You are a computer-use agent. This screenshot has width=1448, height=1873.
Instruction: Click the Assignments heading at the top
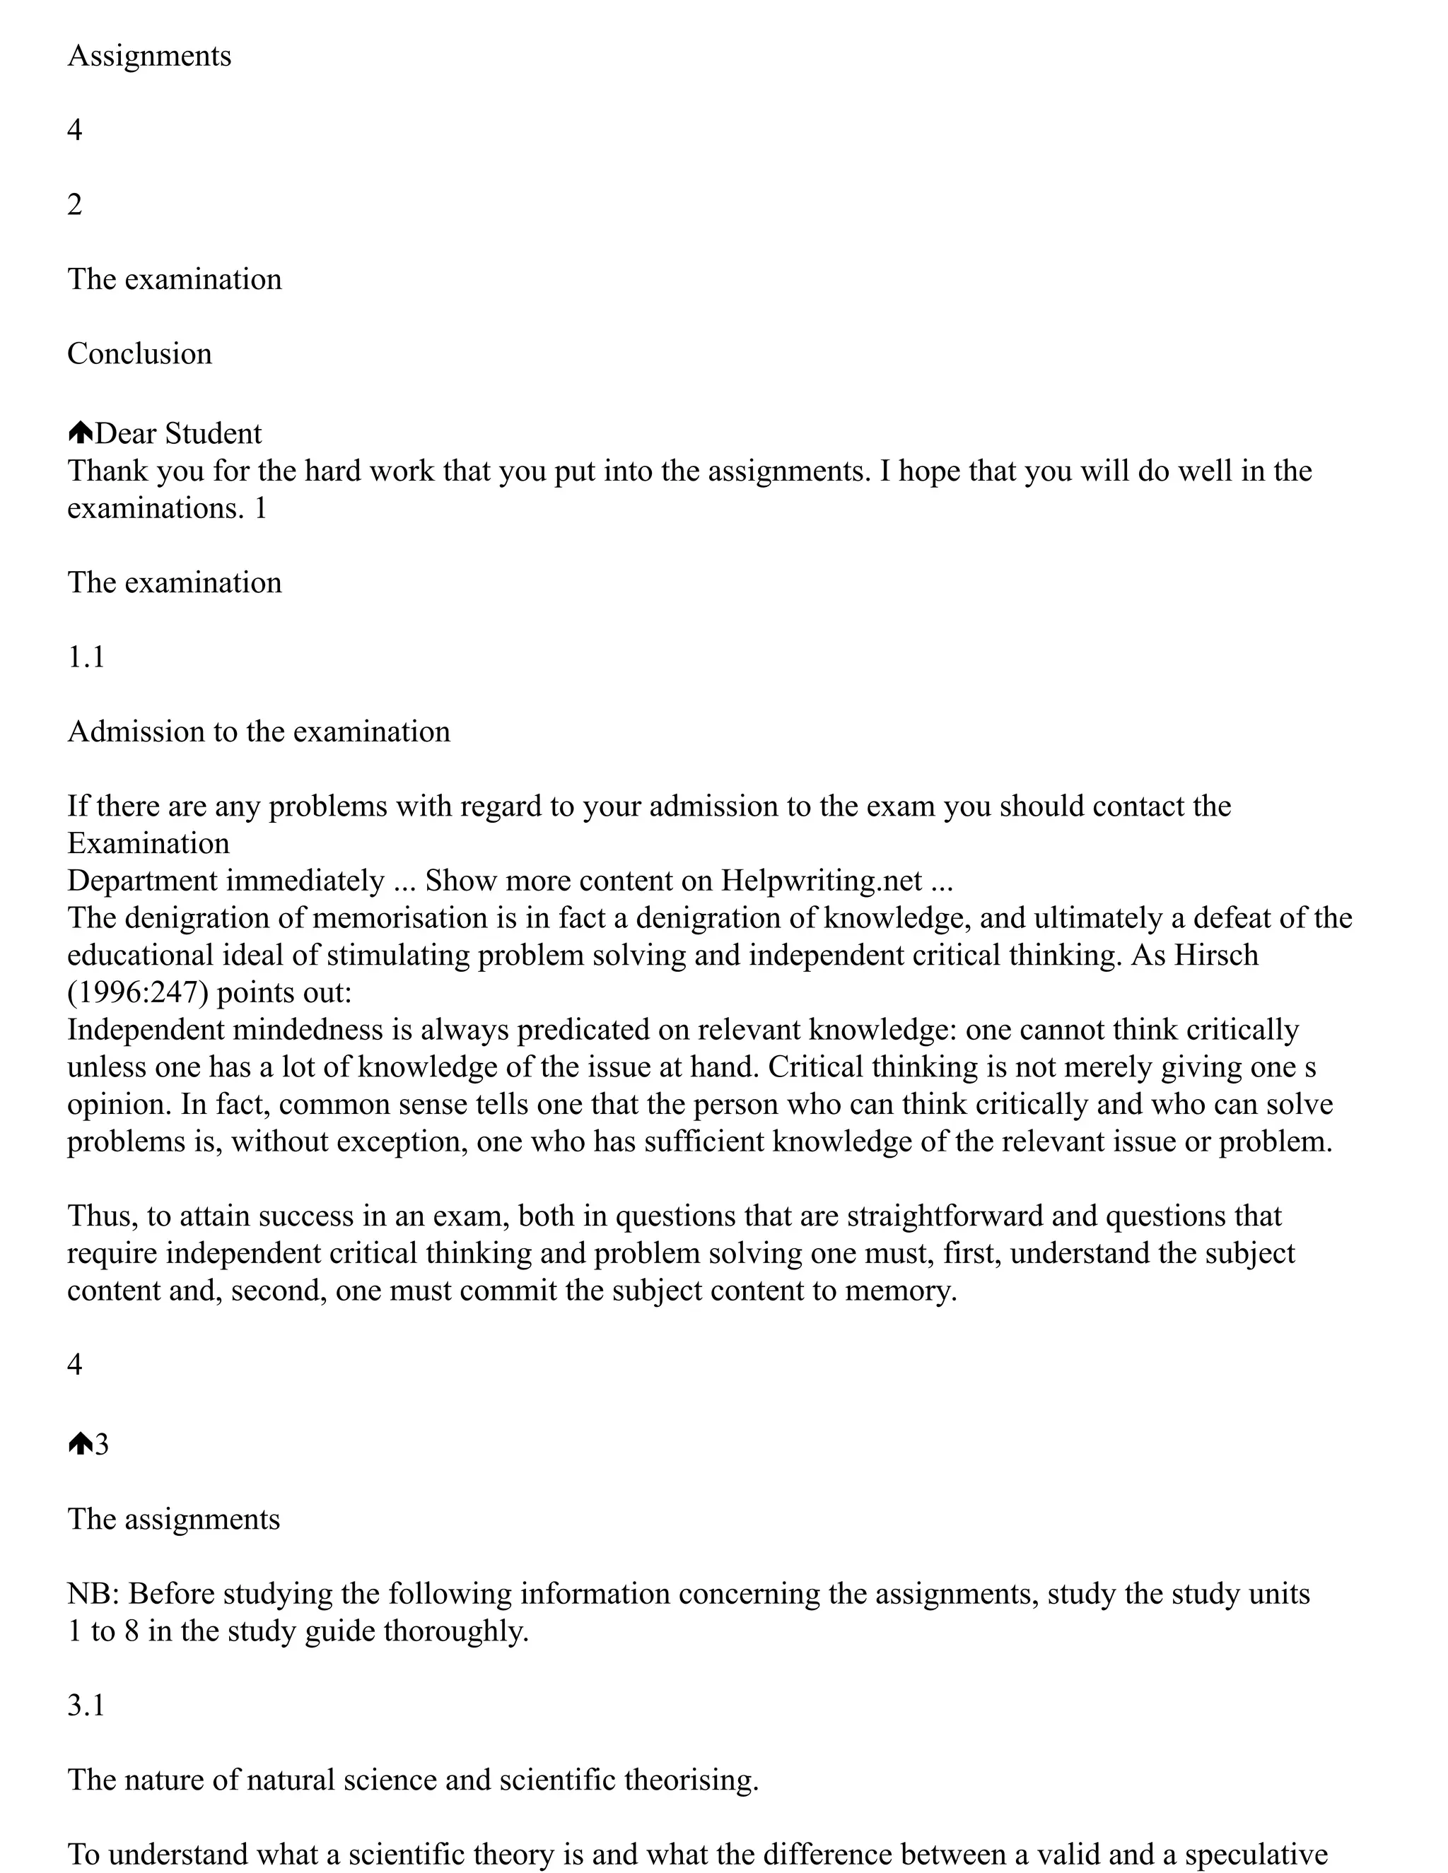tap(149, 57)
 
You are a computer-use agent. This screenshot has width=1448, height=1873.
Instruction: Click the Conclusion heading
tap(139, 354)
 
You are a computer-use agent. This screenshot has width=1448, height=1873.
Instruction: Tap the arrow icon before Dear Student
tap(80, 433)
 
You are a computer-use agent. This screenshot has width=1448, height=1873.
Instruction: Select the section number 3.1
tap(86, 1705)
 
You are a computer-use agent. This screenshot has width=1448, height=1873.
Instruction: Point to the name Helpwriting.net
tap(821, 881)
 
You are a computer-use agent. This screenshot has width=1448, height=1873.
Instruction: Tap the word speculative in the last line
tap(1256, 1854)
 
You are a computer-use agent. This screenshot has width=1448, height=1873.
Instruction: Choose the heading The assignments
tap(173, 1520)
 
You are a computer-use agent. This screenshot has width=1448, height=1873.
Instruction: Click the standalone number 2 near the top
tap(75, 205)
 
